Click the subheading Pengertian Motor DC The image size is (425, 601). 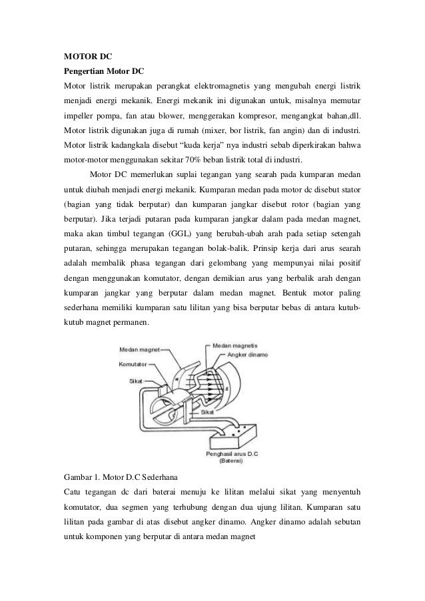(x=103, y=70)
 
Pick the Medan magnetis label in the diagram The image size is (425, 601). (x=237, y=346)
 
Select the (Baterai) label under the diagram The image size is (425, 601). (x=232, y=461)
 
